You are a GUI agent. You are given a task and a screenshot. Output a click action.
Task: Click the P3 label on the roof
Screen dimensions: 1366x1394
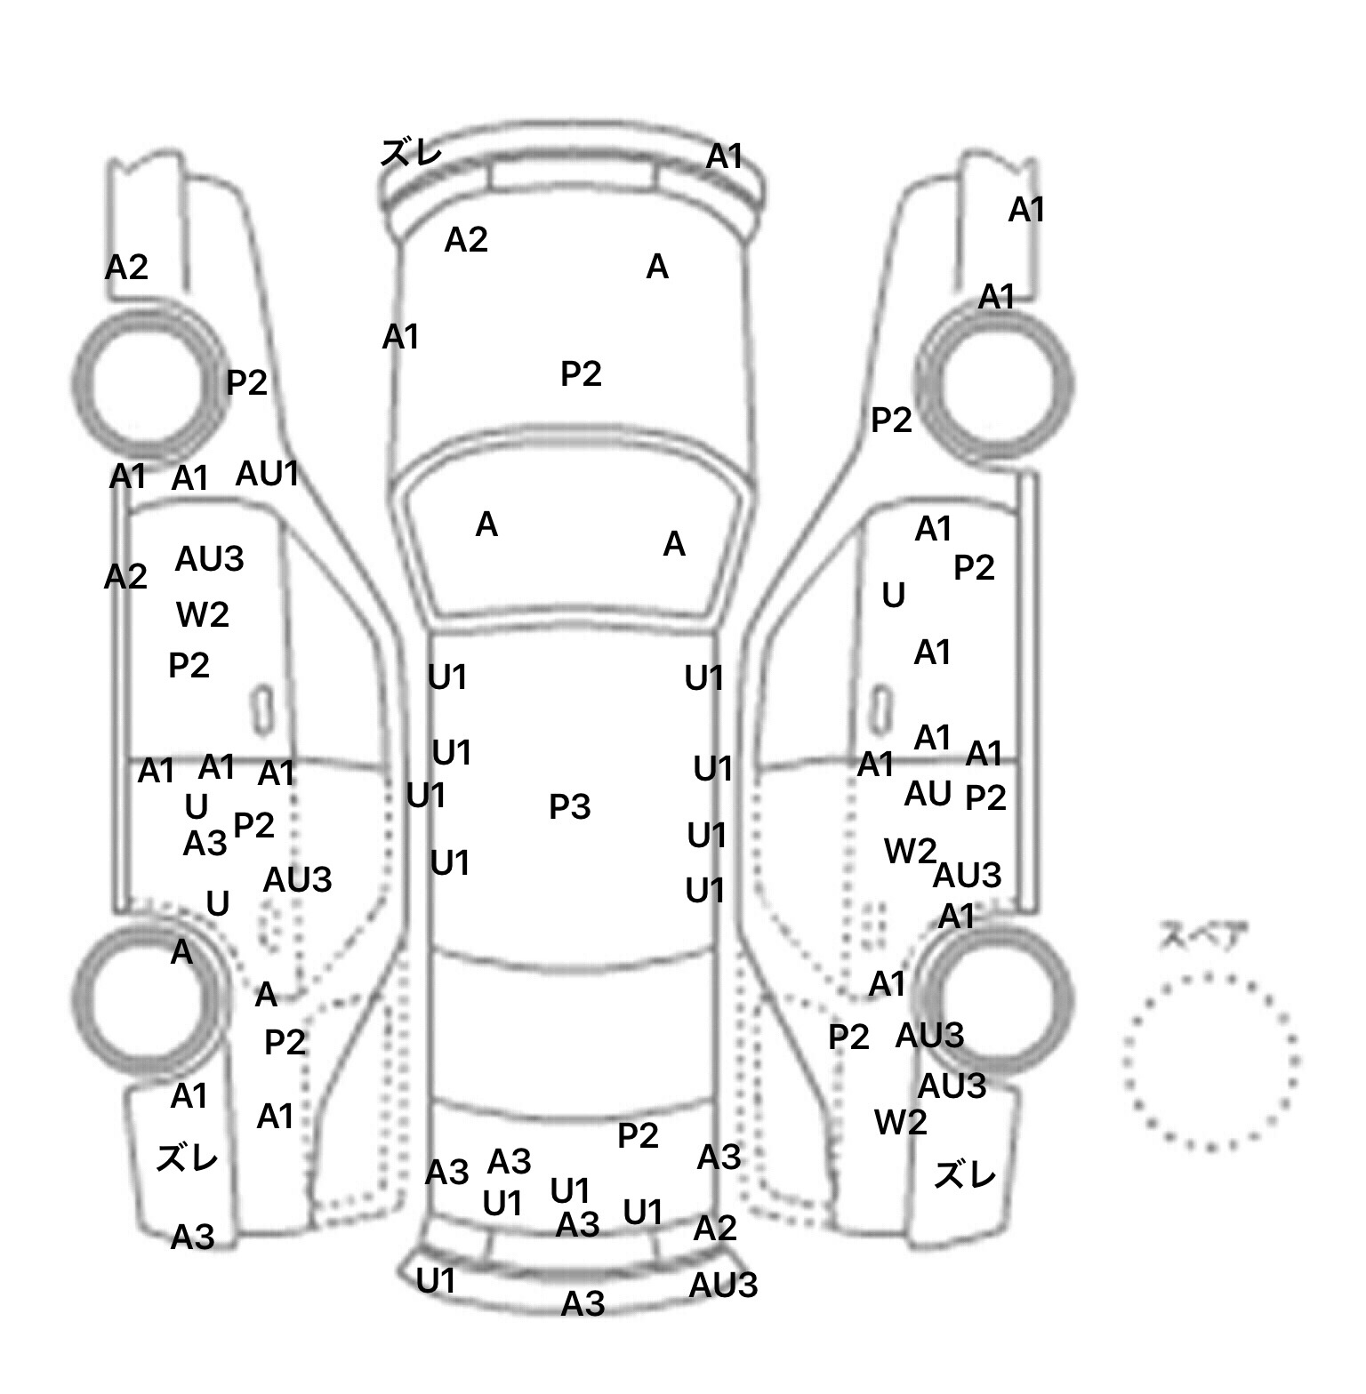569,806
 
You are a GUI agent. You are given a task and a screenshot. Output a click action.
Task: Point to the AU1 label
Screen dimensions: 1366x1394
267,474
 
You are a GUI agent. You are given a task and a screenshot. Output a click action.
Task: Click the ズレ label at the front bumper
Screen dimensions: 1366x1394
411,152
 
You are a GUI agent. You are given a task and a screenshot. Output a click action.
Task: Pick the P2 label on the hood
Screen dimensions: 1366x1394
581,373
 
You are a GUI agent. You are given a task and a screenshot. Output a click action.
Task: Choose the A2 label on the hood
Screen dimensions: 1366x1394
466,239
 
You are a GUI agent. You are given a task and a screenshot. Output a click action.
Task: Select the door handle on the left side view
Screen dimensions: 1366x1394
261,710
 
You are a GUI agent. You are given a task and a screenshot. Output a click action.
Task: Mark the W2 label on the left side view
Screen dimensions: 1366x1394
203,614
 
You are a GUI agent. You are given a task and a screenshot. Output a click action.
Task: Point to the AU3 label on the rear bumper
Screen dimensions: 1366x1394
723,1285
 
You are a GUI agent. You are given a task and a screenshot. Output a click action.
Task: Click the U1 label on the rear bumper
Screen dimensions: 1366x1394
436,1280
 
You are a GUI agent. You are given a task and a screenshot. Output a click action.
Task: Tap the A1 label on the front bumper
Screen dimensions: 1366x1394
724,156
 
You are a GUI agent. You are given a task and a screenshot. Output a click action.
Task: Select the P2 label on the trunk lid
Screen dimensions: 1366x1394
638,1135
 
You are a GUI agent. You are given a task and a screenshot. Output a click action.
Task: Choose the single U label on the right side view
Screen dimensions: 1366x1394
894,595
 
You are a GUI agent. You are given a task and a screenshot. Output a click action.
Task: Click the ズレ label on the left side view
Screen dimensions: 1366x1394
187,1158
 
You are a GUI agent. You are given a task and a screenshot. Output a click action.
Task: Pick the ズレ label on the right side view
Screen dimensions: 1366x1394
965,1175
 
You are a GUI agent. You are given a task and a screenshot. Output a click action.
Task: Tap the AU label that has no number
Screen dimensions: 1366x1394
928,793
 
